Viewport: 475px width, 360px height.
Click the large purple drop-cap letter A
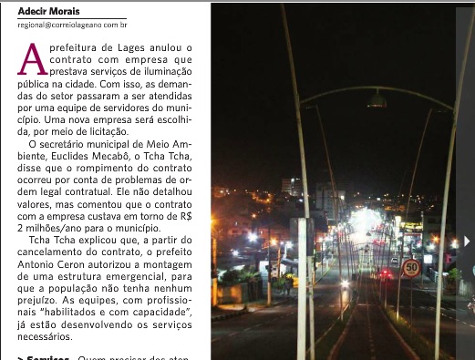pos(32,59)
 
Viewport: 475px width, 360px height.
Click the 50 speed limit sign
pos(411,268)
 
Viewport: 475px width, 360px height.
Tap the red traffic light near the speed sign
pos(386,272)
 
